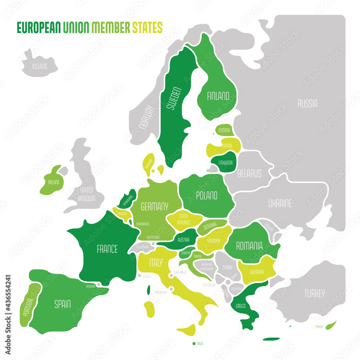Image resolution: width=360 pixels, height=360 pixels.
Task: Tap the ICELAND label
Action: coord(39,66)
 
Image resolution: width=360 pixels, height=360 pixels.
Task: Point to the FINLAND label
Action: coord(218,96)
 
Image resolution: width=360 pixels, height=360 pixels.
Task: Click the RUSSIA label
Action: coord(307,104)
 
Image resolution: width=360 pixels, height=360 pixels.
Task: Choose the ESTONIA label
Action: coord(224,130)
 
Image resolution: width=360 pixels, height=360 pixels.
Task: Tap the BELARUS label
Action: coord(249,174)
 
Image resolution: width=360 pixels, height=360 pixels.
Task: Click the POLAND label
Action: coord(206,195)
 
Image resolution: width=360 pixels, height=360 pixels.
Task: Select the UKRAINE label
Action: coord(280,203)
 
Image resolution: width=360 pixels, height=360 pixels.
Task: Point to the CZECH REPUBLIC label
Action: coord(183,219)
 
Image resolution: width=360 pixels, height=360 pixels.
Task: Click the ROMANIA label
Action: coord(249,246)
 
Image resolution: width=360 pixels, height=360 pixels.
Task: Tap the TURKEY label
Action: coord(314,293)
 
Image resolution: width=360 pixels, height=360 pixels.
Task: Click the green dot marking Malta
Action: coord(194,344)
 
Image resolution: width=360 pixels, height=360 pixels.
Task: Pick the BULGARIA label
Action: coord(255,272)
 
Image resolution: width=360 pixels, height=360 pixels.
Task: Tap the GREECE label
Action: coord(241,307)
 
